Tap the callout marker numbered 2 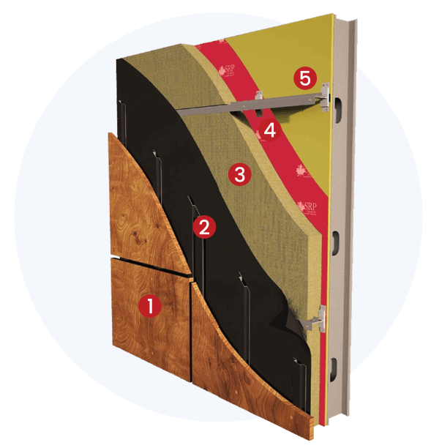point(203,227)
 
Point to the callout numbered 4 point(269,132)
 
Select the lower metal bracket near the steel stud point(314,319)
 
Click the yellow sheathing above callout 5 point(293,44)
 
